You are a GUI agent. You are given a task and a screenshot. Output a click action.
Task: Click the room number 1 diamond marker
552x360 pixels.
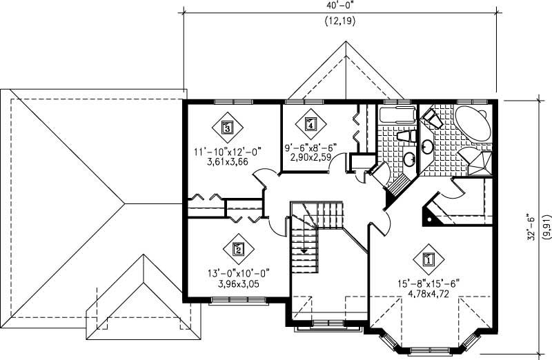(x=427, y=260)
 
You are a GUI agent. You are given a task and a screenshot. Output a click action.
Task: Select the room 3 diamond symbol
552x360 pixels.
(x=227, y=126)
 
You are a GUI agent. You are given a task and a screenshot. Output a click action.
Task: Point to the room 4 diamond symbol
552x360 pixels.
(x=310, y=125)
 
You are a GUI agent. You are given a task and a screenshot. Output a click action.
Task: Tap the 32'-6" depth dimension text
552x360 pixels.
(x=532, y=226)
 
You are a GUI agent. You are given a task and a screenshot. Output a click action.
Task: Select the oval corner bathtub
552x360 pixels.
(x=473, y=125)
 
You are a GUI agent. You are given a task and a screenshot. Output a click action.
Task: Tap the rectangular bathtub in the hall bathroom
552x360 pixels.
(x=397, y=115)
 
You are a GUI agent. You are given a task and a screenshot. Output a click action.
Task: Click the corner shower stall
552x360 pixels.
(x=480, y=163)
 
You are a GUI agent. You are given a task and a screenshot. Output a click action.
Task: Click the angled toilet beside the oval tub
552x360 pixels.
(x=433, y=119)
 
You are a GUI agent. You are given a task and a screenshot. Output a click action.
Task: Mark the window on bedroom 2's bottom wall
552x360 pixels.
(x=232, y=300)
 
